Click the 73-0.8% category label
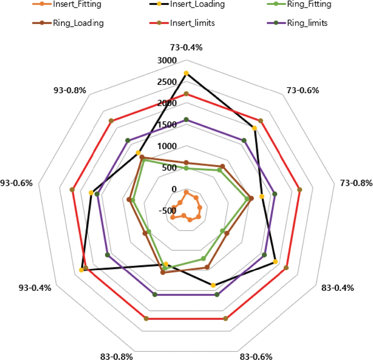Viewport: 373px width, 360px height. click(x=356, y=183)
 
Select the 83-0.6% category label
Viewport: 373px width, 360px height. click(x=256, y=357)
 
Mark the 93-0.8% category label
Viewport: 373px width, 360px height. click(x=70, y=90)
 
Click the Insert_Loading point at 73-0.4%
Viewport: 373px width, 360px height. click(x=186, y=73)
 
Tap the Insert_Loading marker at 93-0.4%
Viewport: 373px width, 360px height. click(x=81, y=270)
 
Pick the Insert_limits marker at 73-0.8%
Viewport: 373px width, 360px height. click(x=300, y=190)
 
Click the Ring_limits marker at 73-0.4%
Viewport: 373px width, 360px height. click(x=186, y=119)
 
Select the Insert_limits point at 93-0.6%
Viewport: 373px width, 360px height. click(x=72, y=190)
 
